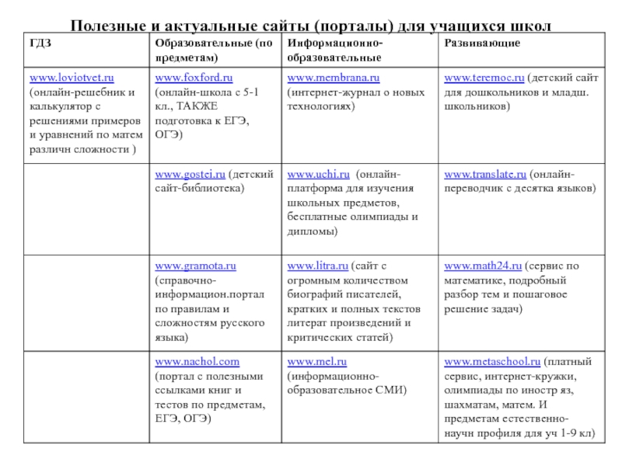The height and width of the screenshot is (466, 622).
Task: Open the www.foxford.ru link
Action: pos(194,78)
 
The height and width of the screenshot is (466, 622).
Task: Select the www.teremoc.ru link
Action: pos(484,78)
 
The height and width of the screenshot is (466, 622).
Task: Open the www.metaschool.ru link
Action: pos(491,362)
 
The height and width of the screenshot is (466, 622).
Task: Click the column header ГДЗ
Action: pos(40,43)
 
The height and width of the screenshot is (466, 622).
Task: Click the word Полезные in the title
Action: pos(106,26)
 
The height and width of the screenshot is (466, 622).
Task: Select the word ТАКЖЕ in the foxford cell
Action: pos(197,106)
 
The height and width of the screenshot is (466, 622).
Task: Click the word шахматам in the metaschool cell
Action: pos(471,404)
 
